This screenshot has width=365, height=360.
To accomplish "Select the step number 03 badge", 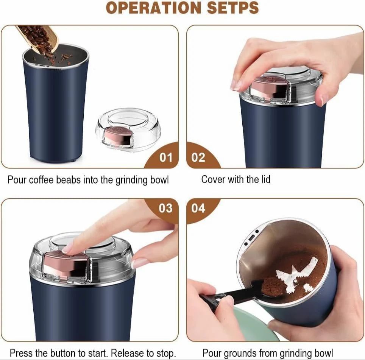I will [165, 208].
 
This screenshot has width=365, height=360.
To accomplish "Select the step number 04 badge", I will [198, 208].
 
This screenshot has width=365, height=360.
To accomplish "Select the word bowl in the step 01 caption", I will [159, 180].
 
